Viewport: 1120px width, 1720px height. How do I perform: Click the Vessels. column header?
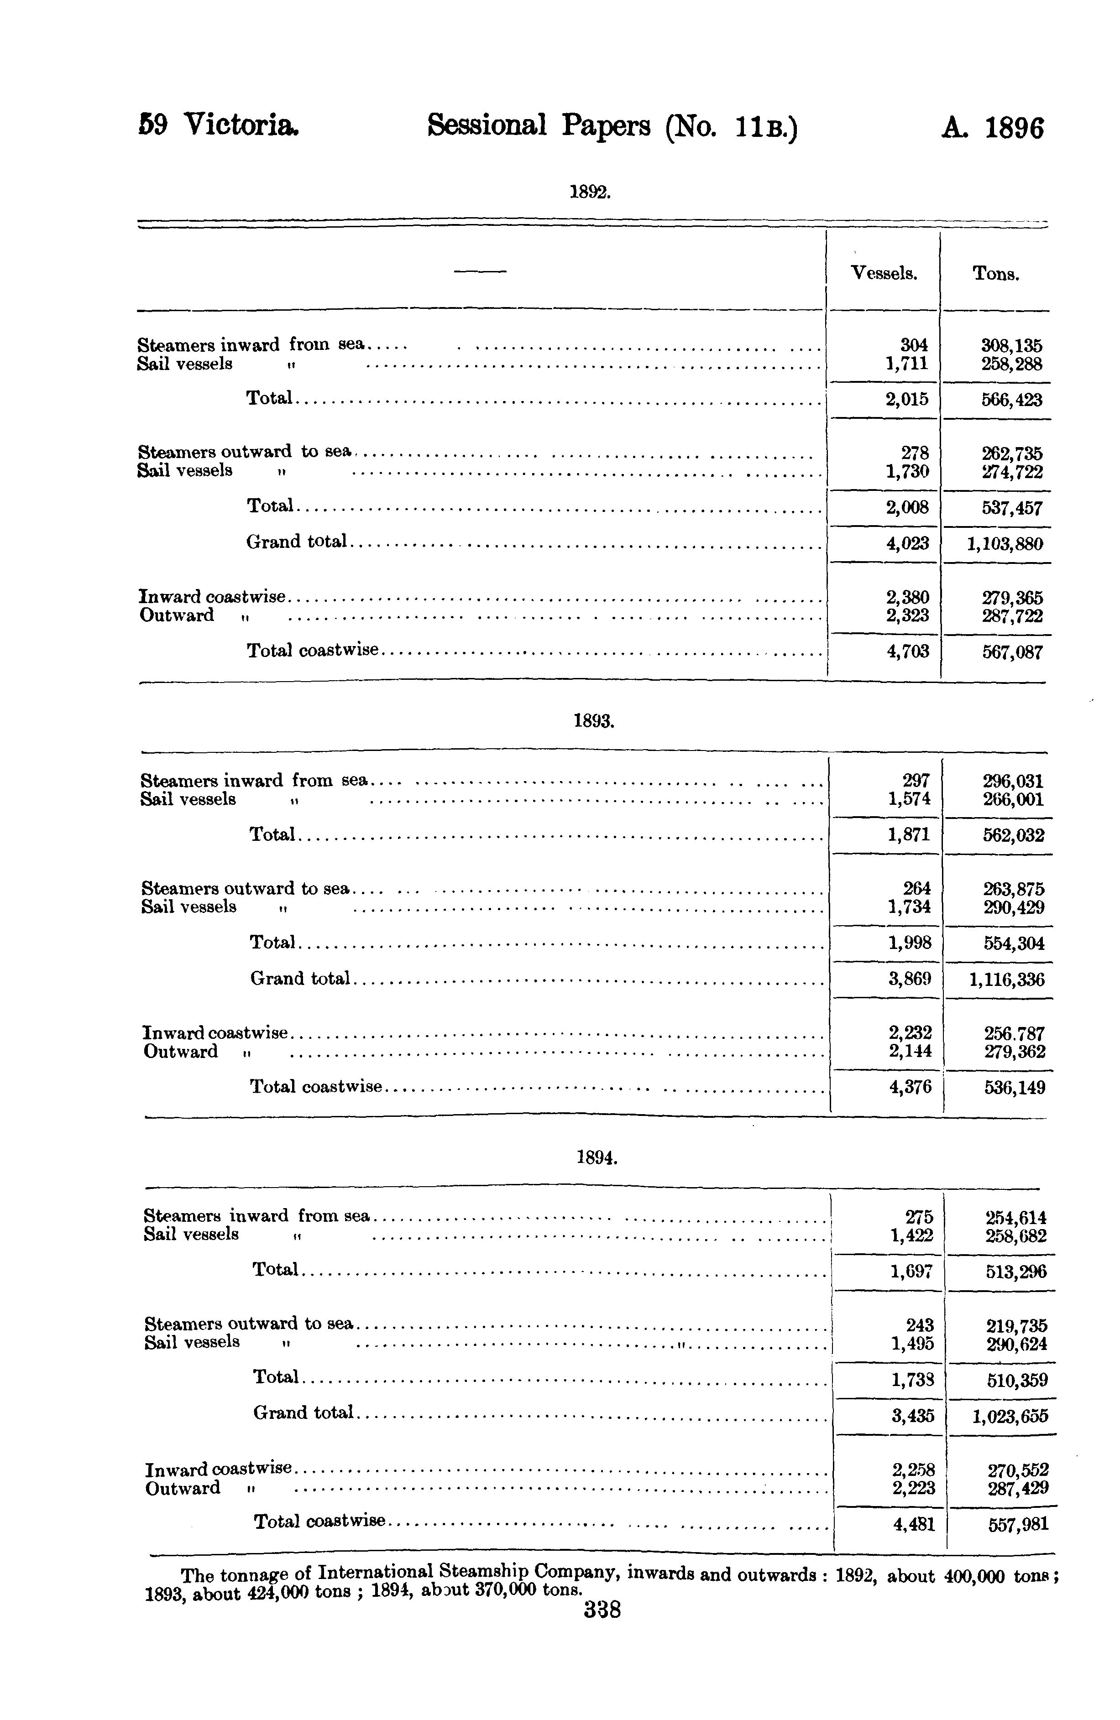click(884, 273)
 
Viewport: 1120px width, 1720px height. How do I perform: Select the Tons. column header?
click(996, 274)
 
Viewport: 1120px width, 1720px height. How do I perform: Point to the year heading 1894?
click(597, 1158)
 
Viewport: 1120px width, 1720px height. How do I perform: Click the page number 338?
click(602, 1610)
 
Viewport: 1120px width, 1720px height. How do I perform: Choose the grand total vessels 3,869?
click(910, 979)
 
